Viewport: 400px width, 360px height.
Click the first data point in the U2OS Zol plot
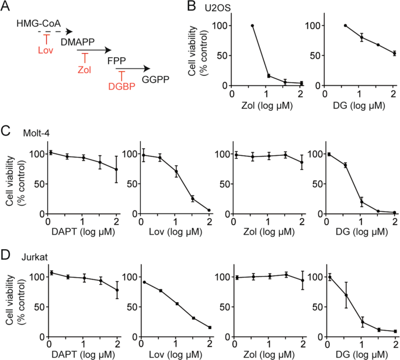tap(253, 26)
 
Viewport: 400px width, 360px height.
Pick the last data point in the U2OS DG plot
tap(394, 53)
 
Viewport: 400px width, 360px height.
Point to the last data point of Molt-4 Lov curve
tap(208, 210)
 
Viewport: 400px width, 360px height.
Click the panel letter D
tap(6, 257)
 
